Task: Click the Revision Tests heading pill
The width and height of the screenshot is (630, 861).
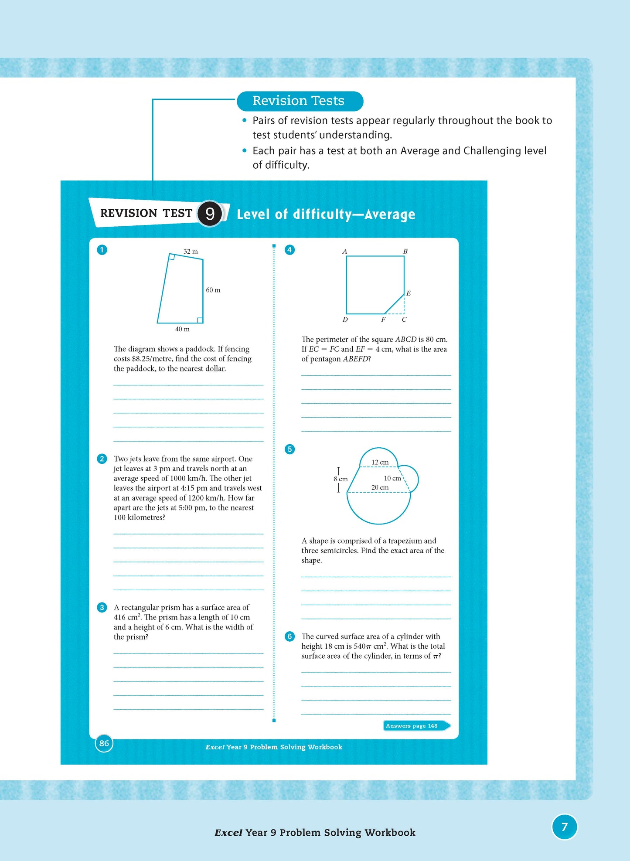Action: [300, 101]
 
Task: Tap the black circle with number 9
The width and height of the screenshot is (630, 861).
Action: [210, 214]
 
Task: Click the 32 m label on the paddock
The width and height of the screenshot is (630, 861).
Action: [191, 252]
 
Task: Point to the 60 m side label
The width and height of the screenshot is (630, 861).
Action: [213, 290]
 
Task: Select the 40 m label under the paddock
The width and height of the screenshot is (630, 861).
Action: [182, 329]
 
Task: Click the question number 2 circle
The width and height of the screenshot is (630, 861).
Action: [102, 459]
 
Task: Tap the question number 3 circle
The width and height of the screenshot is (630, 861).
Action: [102, 607]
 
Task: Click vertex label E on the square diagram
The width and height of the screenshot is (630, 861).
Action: [409, 293]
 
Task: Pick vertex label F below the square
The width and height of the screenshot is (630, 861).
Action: [383, 320]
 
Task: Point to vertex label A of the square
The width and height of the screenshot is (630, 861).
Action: [344, 252]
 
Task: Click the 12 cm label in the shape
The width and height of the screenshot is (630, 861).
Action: [380, 462]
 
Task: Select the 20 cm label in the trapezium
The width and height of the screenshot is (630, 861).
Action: [380, 487]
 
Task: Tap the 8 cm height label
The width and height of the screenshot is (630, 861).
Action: [341, 479]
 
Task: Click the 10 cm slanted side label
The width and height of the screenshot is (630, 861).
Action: [392, 478]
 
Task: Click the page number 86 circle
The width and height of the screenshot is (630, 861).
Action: [104, 743]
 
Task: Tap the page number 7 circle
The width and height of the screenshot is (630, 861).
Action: [565, 827]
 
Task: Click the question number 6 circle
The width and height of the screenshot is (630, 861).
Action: [289, 636]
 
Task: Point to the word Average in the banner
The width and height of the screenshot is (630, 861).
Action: [390, 214]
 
